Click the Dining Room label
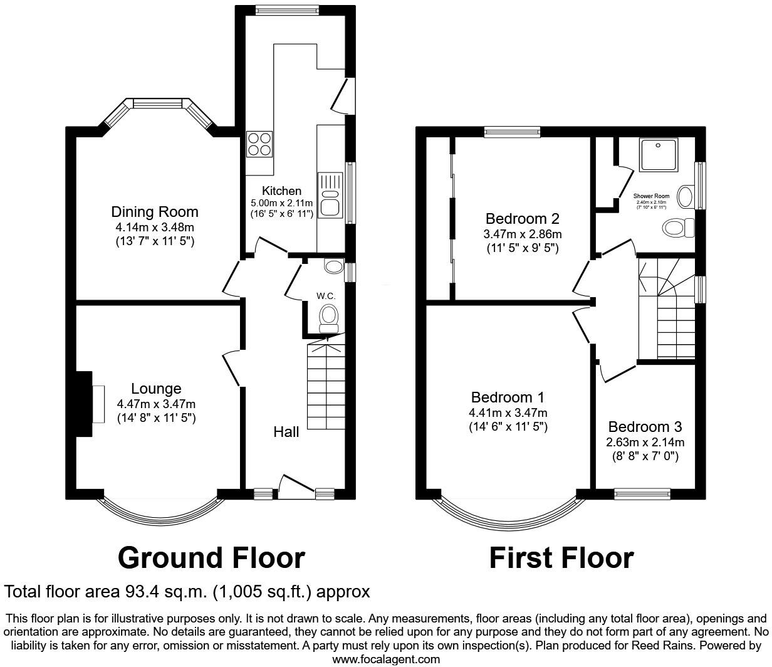tap(154, 212)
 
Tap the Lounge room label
tap(156, 389)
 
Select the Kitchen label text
tap(281, 191)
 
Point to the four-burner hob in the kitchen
tap(259, 144)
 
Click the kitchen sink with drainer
tap(329, 195)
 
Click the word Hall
tap(286, 432)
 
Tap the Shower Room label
tap(651, 196)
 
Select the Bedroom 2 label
tap(522, 219)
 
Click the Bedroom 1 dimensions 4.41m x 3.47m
tap(508, 412)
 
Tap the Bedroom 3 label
tap(645, 427)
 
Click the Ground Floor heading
tap(211, 557)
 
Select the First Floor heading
tap(561, 557)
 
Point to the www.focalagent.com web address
tap(385, 659)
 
